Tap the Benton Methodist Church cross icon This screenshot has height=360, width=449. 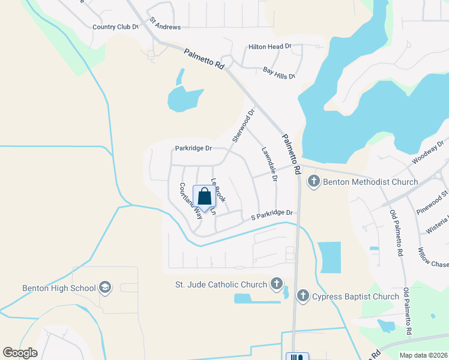click(313, 181)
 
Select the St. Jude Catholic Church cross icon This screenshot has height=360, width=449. click(276, 283)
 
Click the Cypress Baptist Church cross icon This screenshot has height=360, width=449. click(303, 296)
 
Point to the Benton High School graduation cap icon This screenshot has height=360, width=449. click(105, 287)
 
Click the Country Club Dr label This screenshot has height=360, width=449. click(116, 27)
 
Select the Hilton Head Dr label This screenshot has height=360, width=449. click(270, 46)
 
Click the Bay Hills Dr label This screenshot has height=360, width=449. click(280, 73)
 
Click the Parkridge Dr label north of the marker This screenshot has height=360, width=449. click(194, 148)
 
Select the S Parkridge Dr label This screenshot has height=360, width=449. click(272, 214)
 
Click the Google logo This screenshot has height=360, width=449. click(20, 353)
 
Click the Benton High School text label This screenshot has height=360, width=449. click(59, 288)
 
